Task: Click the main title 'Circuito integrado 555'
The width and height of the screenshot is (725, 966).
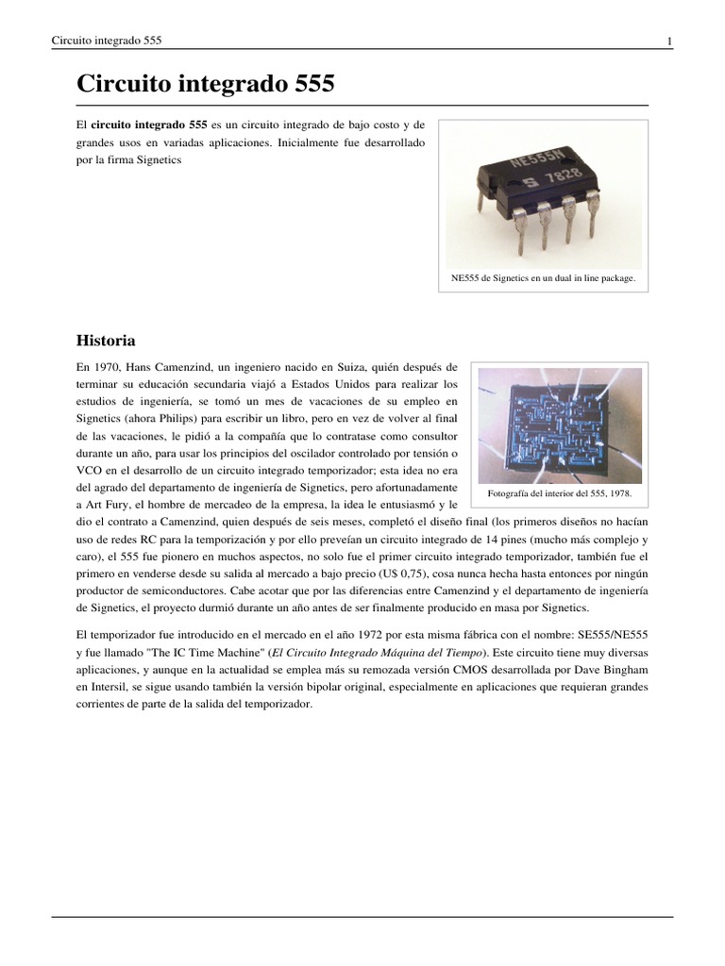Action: [205, 84]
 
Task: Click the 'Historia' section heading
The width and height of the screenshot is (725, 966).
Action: [106, 340]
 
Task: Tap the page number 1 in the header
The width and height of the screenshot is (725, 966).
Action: [669, 41]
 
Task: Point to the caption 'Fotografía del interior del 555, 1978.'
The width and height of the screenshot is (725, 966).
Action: [559, 493]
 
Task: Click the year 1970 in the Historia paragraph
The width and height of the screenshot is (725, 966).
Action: [110, 366]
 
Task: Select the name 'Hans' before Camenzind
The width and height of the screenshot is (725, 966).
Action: [148, 366]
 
